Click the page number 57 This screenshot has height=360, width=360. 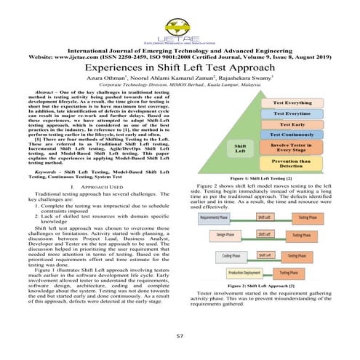[x=180, y=336]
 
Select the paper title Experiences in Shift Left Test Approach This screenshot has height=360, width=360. [x=180, y=66]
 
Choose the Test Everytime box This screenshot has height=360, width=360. [x=297, y=113]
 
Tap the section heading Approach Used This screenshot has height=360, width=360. [x=91, y=187]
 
